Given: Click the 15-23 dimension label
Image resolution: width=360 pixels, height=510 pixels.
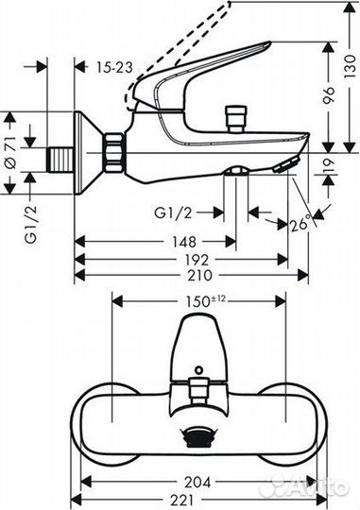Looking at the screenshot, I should [x=115, y=67].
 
